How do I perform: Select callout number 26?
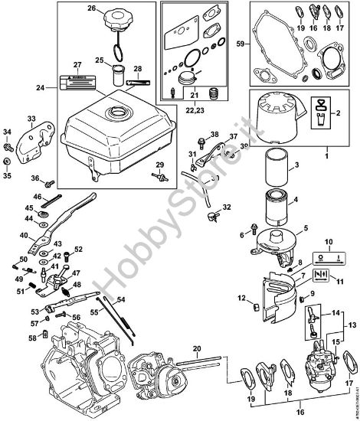(x=92, y=9)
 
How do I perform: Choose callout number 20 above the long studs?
(x=197, y=350)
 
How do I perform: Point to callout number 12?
(x=241, y=297)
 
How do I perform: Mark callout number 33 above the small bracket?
(x=31, y=119)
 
